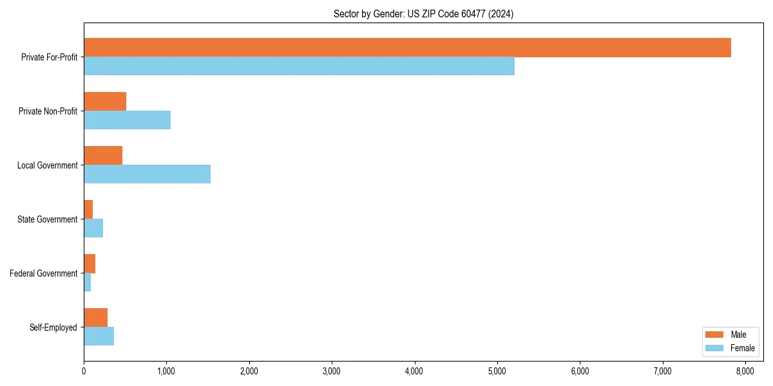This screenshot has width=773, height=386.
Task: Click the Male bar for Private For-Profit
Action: pos(407,48)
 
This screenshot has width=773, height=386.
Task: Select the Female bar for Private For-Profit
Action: pos(299,66)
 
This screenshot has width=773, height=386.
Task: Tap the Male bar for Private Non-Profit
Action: pos(105,102)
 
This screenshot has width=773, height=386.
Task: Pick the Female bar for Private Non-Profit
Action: pos(127,120)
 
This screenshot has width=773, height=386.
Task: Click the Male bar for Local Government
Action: pos(103,156)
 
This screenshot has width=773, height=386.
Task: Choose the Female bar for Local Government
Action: pos(147,174)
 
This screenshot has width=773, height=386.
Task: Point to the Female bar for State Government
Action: pos(93,228)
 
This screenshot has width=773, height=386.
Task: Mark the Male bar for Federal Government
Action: pos(90,264)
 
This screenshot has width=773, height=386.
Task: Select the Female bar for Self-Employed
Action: pos(99,336)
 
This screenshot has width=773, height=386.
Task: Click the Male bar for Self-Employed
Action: pos(95,318)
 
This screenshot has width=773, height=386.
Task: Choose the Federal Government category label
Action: pos(44,273)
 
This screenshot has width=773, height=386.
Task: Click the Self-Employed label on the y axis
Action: pos(53,327)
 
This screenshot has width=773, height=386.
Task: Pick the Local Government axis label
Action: pos(48,165)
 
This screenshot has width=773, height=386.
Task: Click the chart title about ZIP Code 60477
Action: pos(423,14)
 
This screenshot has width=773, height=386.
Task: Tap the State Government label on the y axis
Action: pos(48,219)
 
